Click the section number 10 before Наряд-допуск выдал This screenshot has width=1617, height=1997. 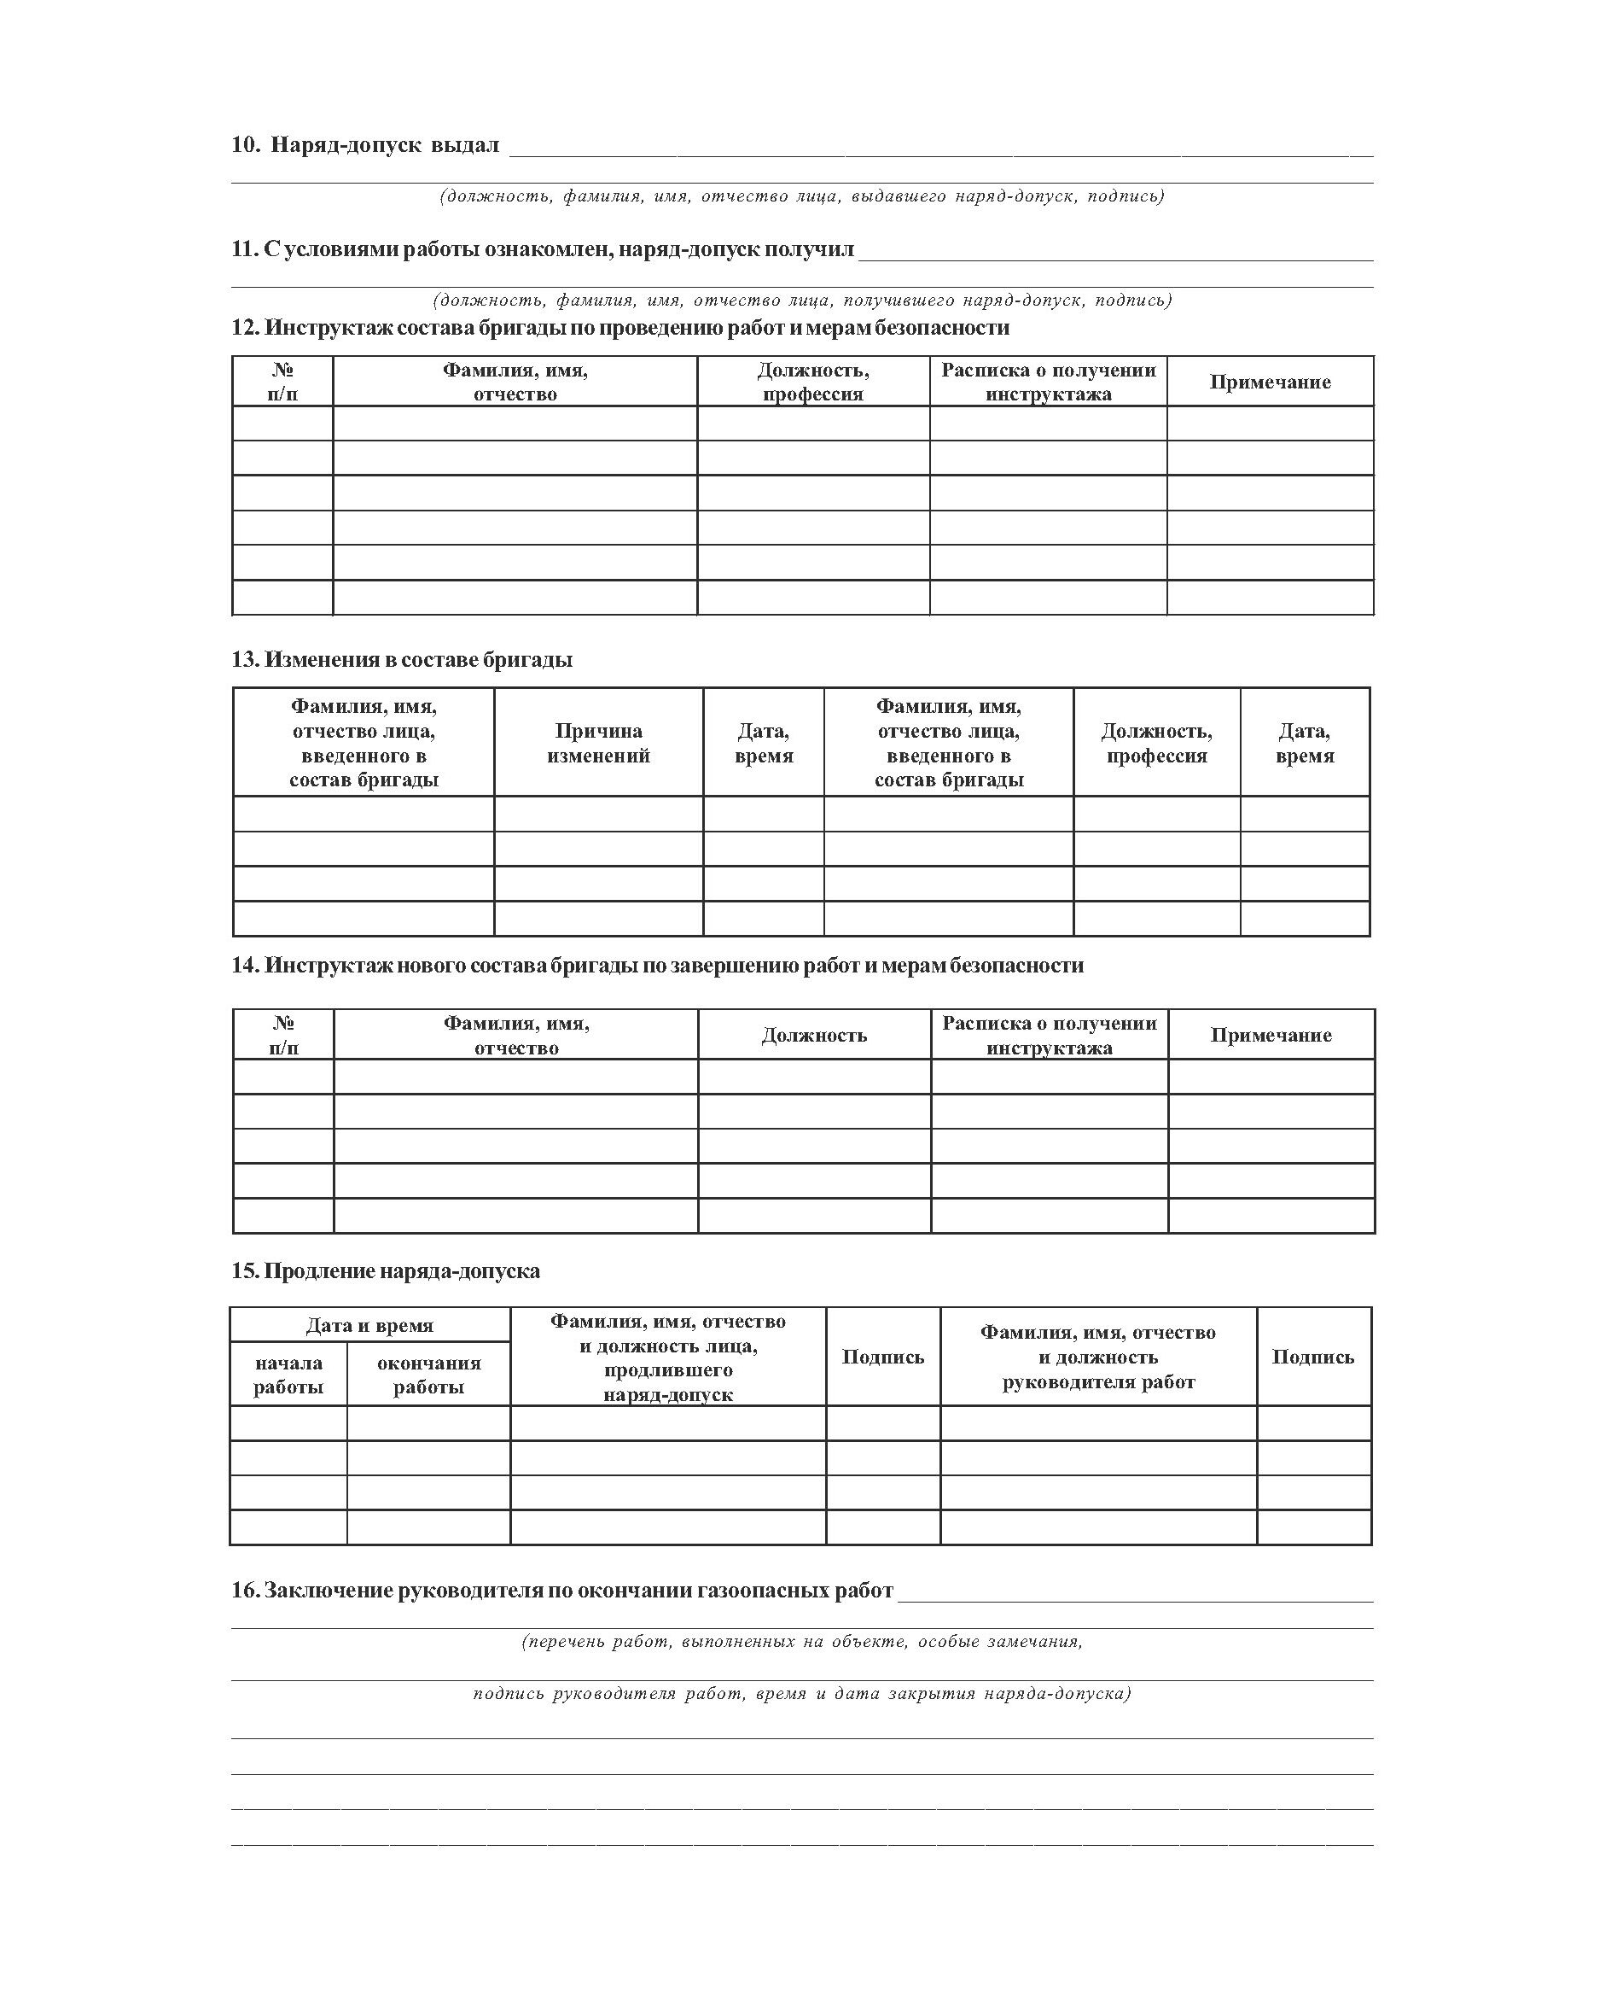pos(245,145)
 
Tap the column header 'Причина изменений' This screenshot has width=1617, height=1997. pos(598,743)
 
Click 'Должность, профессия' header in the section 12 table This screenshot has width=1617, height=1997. pos(813,382)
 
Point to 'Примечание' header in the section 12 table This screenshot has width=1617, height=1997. pos(1270,382)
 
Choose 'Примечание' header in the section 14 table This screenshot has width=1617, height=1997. pos(1271,1036)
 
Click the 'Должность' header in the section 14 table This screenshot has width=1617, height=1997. pos(814,1036)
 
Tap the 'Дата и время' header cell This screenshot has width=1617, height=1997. pos(369,1325)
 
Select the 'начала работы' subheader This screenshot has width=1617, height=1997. pos(288,1375)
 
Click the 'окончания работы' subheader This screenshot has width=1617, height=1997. pos(428,1375)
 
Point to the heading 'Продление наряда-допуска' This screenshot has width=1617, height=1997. pos(386,1271)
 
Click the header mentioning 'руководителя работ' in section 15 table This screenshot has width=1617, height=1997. pos(1098,1357)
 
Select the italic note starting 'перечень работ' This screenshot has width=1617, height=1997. pos(802,1641)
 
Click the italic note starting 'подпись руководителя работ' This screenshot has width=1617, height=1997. pos(802,1693)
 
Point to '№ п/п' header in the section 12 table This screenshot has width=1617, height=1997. pos(283,382)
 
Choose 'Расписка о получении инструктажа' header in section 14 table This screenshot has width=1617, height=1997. pos(1049,1036)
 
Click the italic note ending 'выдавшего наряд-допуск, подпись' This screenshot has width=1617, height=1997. pos(802,196)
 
